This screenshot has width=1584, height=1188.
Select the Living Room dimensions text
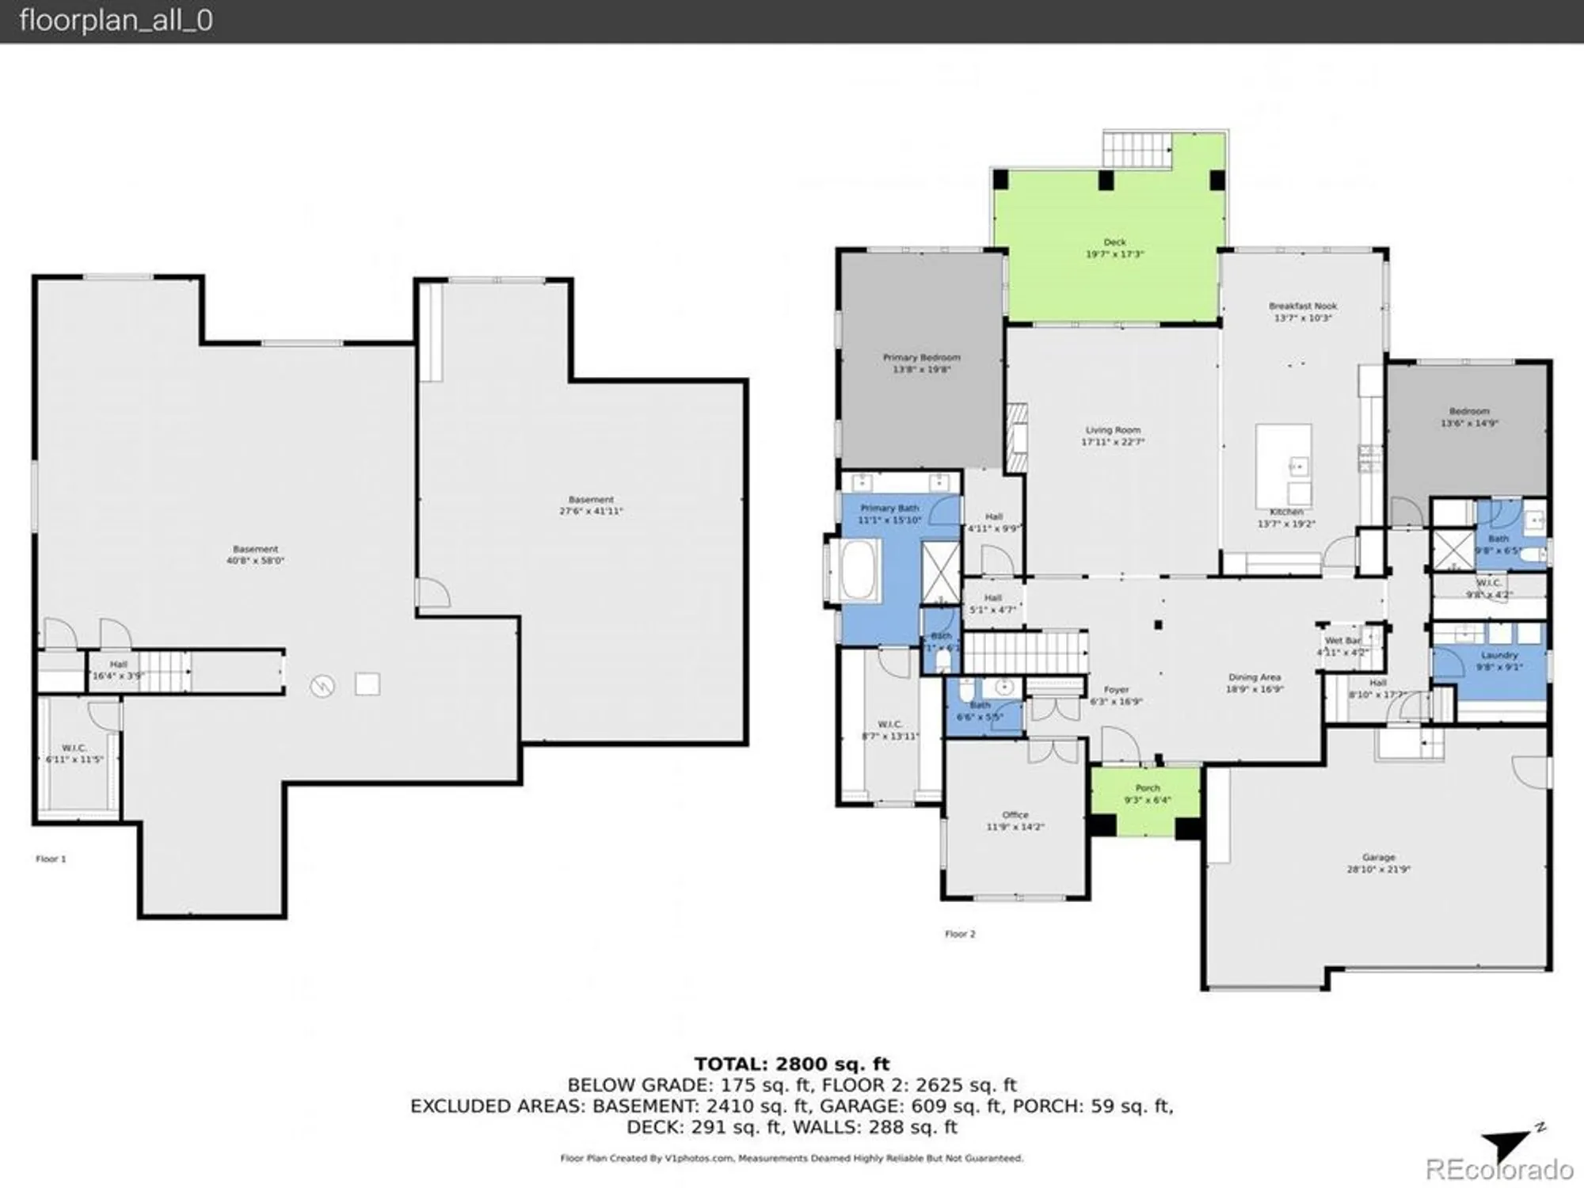1113,442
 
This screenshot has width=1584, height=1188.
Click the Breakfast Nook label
1303,306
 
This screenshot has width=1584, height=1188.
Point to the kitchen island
1283,466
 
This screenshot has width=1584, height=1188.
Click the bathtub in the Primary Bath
860,569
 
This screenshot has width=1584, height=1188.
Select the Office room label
1015,815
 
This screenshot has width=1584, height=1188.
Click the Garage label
1378,857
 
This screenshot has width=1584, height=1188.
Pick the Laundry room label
1498,656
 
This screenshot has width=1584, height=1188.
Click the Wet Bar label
1342,641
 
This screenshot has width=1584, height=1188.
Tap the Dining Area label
1255,677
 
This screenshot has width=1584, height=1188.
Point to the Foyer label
1116,690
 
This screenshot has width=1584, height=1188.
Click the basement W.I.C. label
74,748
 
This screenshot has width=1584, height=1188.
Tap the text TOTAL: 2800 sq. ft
791,1064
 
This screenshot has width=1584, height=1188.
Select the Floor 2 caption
960,934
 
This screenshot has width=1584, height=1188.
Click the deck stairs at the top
1136,150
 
